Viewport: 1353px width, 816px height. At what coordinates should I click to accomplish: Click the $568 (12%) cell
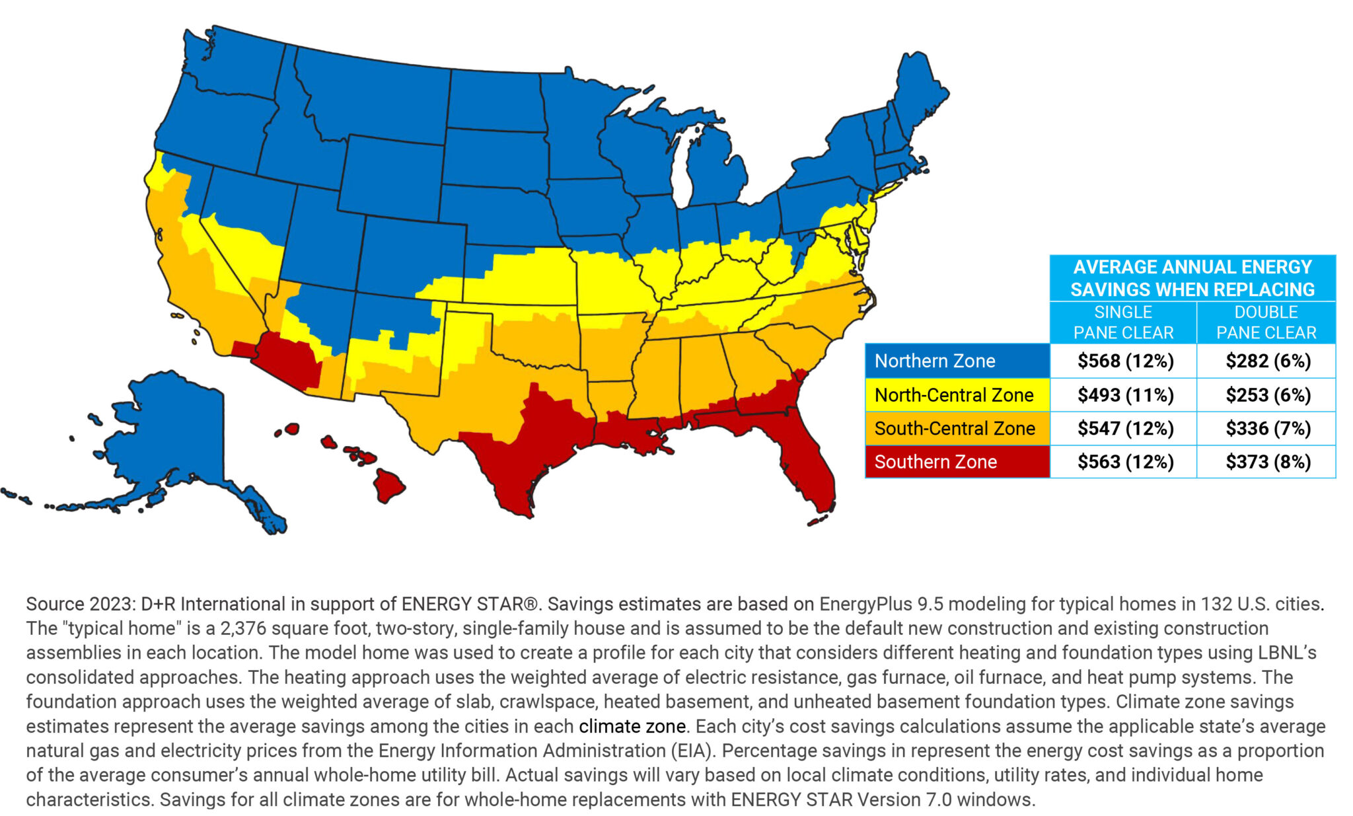coord(1125,361)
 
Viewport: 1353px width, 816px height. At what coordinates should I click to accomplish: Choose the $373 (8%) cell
coord(1268,462)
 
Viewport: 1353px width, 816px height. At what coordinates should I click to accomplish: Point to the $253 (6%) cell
coord(1268,395)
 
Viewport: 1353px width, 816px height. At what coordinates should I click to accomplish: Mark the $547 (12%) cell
coord(1125,428)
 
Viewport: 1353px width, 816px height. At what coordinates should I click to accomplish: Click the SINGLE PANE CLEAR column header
coord(1123,322)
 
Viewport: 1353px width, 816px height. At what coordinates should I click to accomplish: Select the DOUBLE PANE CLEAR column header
coord(1266,322)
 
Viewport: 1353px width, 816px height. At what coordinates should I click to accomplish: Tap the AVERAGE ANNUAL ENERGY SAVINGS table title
coord(1192,278)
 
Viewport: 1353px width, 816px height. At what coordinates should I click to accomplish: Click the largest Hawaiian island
coord(388,486)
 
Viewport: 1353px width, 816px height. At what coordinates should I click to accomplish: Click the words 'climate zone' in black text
coord(632,726)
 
